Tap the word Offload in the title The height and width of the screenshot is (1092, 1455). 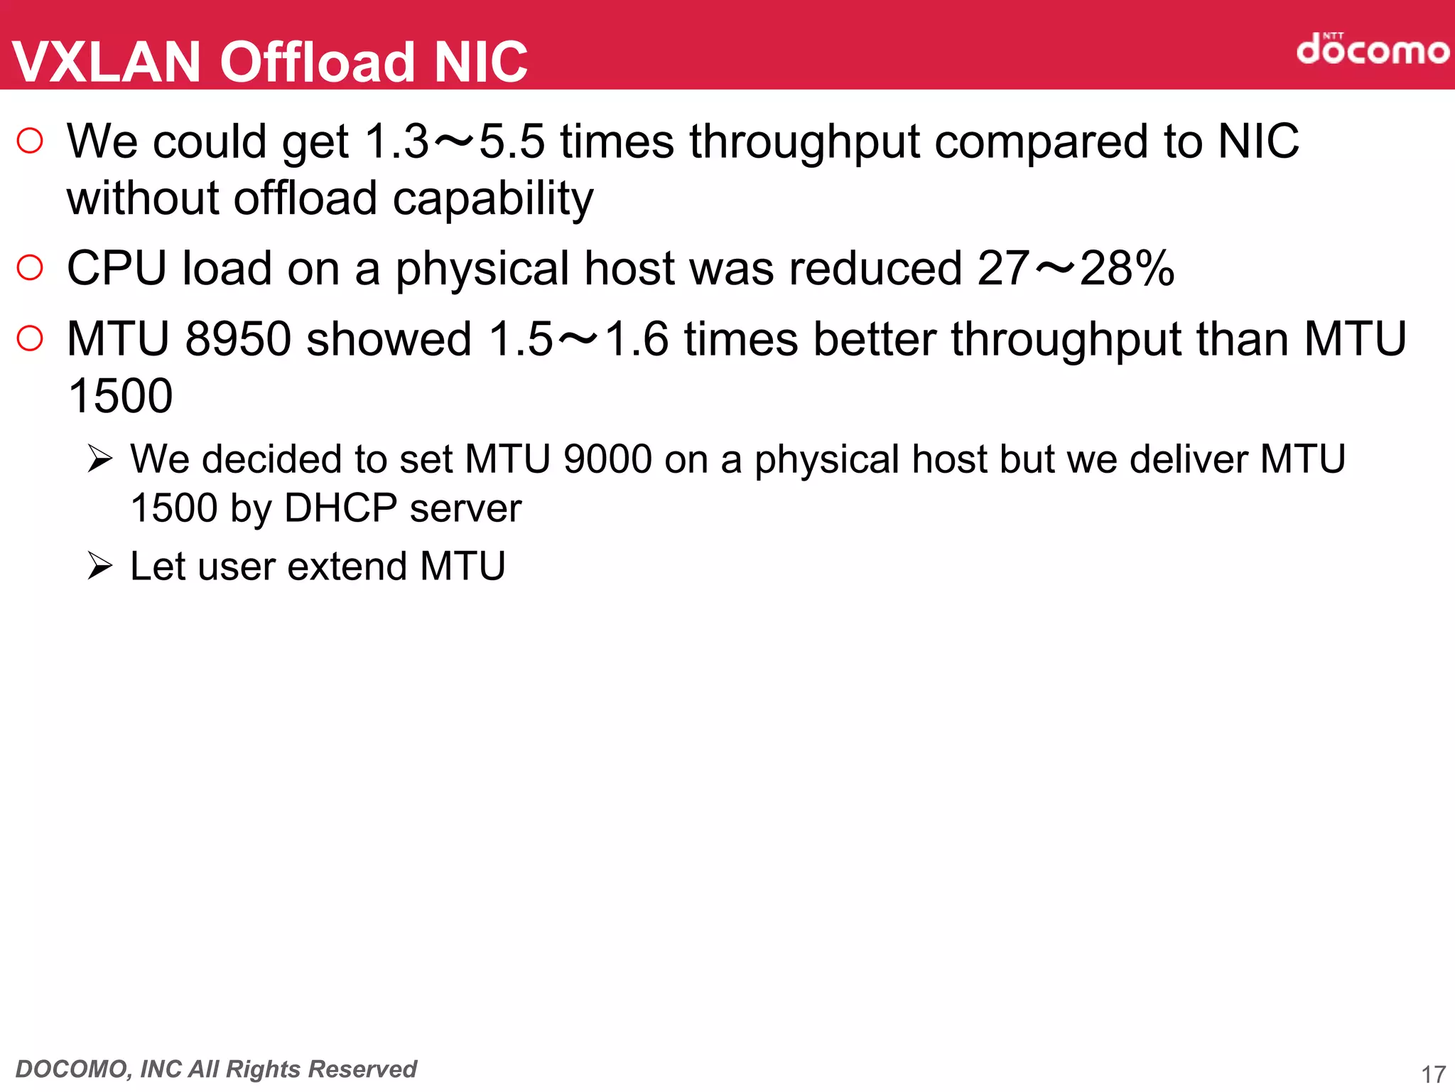pyautogui.click(x=317, y=62)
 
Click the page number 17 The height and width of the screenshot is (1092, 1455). pyautogui.click(x=1433, y=1074)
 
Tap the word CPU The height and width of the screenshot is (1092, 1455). pyautogui.click(x=117, y=268)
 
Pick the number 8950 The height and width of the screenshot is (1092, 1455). pyautogui.click(x=238, y=338)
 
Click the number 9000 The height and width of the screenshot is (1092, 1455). pyautogui.click(x=607, y=459)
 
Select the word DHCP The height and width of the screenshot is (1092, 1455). pyautogui.click(x=340, y=508)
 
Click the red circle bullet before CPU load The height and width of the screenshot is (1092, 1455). pyautogui.click(x=30, y=267)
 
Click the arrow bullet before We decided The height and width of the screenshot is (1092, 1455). pyautogui.click(x=100, y=459)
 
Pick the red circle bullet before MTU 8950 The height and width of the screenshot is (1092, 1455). pyautogui.click(x=30, y=338)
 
